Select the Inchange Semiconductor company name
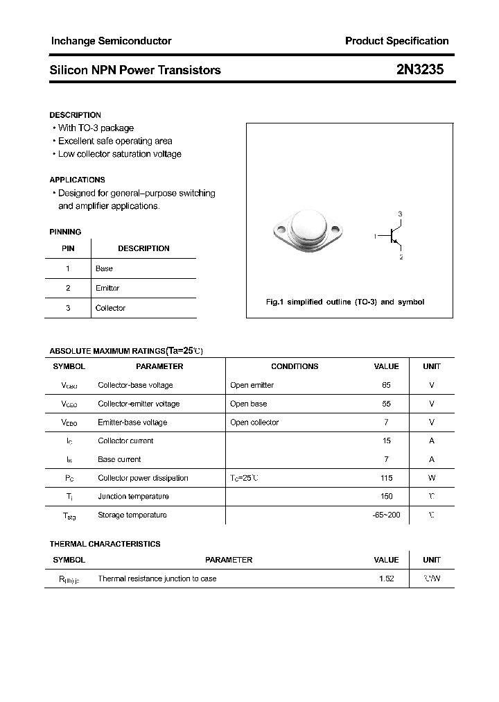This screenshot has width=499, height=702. (111, 41)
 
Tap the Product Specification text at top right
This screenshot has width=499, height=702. (396, 41)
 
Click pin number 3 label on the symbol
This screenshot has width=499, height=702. (400, 214)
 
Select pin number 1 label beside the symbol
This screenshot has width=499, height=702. (375, 237)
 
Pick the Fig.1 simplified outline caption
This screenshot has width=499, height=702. (345, 302)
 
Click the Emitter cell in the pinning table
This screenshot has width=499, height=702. (107, 288)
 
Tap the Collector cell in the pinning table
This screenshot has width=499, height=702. (110, 308)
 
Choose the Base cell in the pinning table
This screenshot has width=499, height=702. (104, 268)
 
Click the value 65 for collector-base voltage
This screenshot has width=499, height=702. (386, 385)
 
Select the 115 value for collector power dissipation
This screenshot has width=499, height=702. (386, 478)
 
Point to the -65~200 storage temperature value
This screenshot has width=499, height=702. (386, 515)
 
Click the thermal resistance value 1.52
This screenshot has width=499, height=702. (386, 579)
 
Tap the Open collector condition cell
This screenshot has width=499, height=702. (254, 422)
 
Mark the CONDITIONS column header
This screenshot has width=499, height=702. (295, 366)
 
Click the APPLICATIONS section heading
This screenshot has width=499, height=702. (78, 180)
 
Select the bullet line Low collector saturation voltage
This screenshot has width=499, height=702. (119, 154)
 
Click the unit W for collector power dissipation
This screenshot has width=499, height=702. (431, 478)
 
